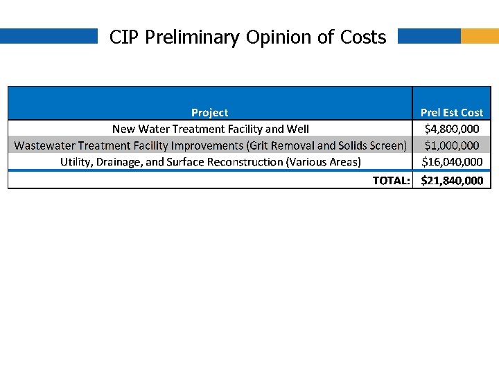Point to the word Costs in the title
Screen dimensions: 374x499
363,37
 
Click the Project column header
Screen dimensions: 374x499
209,112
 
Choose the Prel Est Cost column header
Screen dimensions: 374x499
452,112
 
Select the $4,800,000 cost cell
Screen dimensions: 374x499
452,129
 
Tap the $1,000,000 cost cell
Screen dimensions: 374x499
452,145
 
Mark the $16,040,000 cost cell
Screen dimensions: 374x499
452,162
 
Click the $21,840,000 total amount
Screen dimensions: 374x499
452,181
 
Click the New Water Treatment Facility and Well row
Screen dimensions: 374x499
211,129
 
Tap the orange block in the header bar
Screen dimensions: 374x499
480,36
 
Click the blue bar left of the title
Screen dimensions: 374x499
49,36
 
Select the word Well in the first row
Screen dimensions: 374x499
298,129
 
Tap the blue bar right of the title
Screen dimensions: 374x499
429,36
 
